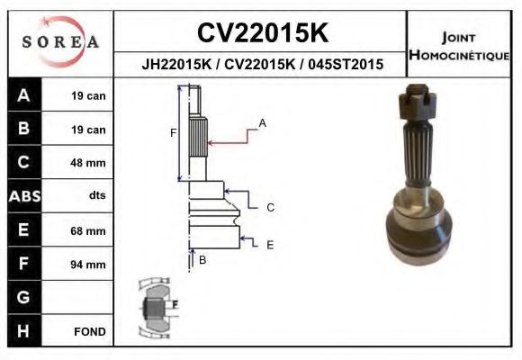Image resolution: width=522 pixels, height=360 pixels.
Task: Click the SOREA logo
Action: point(59,41)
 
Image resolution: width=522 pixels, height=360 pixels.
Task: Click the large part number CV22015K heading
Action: point(262,33)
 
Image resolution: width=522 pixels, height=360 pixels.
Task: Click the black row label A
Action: point(24,96)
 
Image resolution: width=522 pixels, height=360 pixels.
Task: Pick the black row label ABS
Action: point(24,196)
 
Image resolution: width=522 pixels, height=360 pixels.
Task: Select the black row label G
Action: point(24,297)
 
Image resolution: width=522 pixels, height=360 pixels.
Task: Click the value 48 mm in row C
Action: point(88,163)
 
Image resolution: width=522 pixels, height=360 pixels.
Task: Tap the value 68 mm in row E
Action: point(88,230)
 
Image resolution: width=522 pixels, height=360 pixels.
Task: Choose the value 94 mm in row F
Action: point(88,265)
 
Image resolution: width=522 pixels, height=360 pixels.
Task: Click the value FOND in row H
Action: point(90,331)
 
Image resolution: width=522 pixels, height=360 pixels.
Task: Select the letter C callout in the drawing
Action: point(270,208)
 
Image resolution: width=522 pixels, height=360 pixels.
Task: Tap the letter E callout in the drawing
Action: point(270,244)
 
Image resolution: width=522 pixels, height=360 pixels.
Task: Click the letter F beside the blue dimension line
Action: point(173,133)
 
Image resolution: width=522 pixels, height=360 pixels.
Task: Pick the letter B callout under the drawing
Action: point(202,260)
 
